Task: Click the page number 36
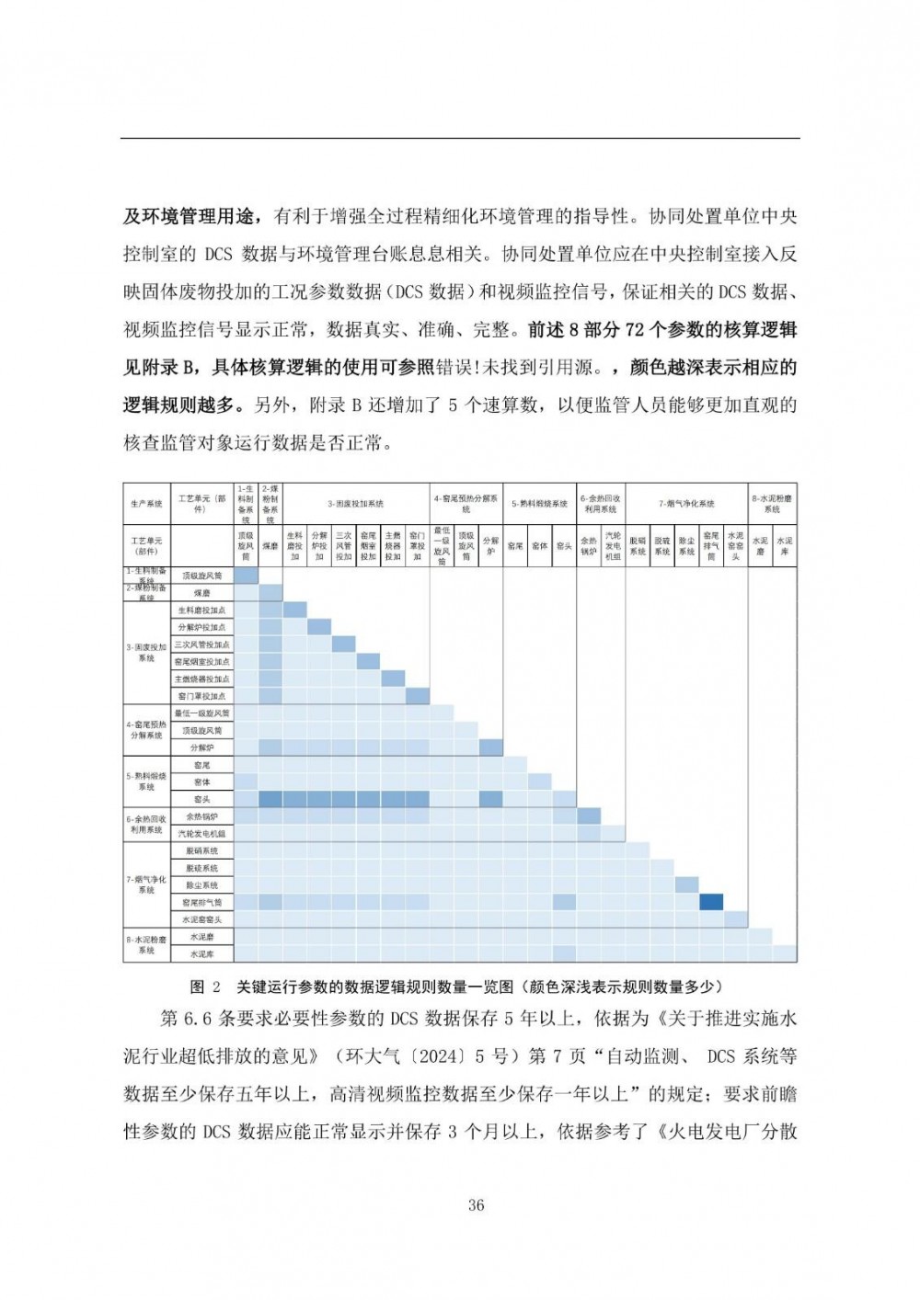click(x=476, y=1205)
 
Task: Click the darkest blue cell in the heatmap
click(x=711, y=902)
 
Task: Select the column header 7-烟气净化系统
click(x=686, y=504)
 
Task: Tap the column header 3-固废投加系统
click(x=355, y=504)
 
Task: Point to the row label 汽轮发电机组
click(x=202, y=834)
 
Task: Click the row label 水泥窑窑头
click(x=202, y=919)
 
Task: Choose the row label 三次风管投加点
click(x=202, y=644)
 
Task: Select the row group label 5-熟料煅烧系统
click(x=146, y=781)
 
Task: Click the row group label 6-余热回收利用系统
click(x=146, y=825)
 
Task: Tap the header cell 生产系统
click(x=146, y=504)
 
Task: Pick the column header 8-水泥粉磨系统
click(x=772, y=504)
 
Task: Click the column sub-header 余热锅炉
click(x=589, y=546)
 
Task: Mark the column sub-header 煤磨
click(x=270, y=546)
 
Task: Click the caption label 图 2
click(x=205, y=987)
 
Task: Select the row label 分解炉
click(x=202, y=747)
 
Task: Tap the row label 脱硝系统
click(x=202, y=851)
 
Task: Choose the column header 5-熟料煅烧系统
click(x=539, y=504)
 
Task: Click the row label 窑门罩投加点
click(x=202, y=696)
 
